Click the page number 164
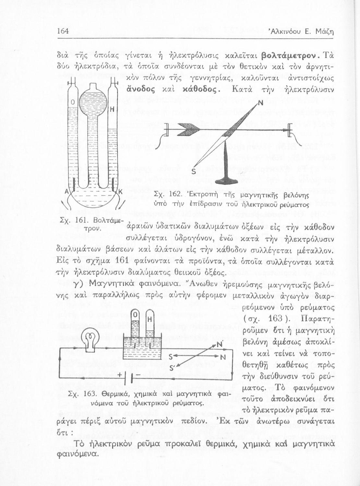62,31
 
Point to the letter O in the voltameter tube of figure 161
73,102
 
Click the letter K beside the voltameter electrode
120,192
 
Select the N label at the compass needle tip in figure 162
260,104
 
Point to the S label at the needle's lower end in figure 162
193,171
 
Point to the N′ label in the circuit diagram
220,344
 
